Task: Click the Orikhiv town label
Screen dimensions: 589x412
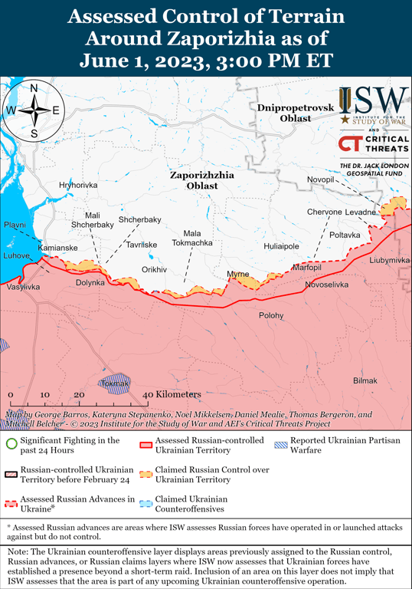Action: [154, 270]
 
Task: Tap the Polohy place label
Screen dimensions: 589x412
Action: [270, 315]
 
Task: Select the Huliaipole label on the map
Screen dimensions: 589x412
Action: [281, 246]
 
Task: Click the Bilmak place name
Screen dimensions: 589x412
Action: [365, 381]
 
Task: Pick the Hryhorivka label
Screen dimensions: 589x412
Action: [78, 186]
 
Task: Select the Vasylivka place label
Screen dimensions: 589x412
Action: [23, 286]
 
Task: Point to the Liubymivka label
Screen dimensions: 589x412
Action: [389, 261]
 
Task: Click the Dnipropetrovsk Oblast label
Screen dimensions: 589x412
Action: [296, 113]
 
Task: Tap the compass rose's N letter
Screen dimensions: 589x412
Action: [34, 87]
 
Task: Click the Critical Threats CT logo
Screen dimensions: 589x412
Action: [349, 144]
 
